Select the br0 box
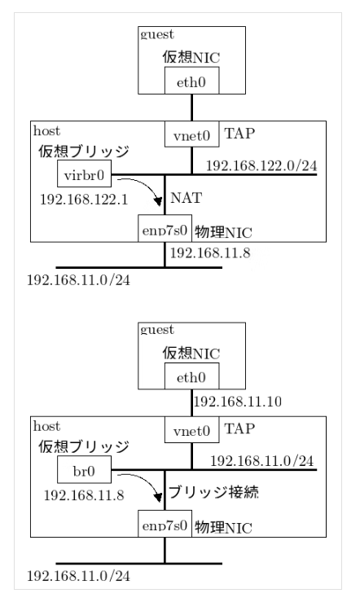click(x=84, y=470)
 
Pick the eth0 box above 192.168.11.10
click(x=191, y=377)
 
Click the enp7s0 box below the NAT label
click(x=165, y=231)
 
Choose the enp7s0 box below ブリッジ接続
click(x=165, y=528)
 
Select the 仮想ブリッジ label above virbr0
click(x=81, y=152)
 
